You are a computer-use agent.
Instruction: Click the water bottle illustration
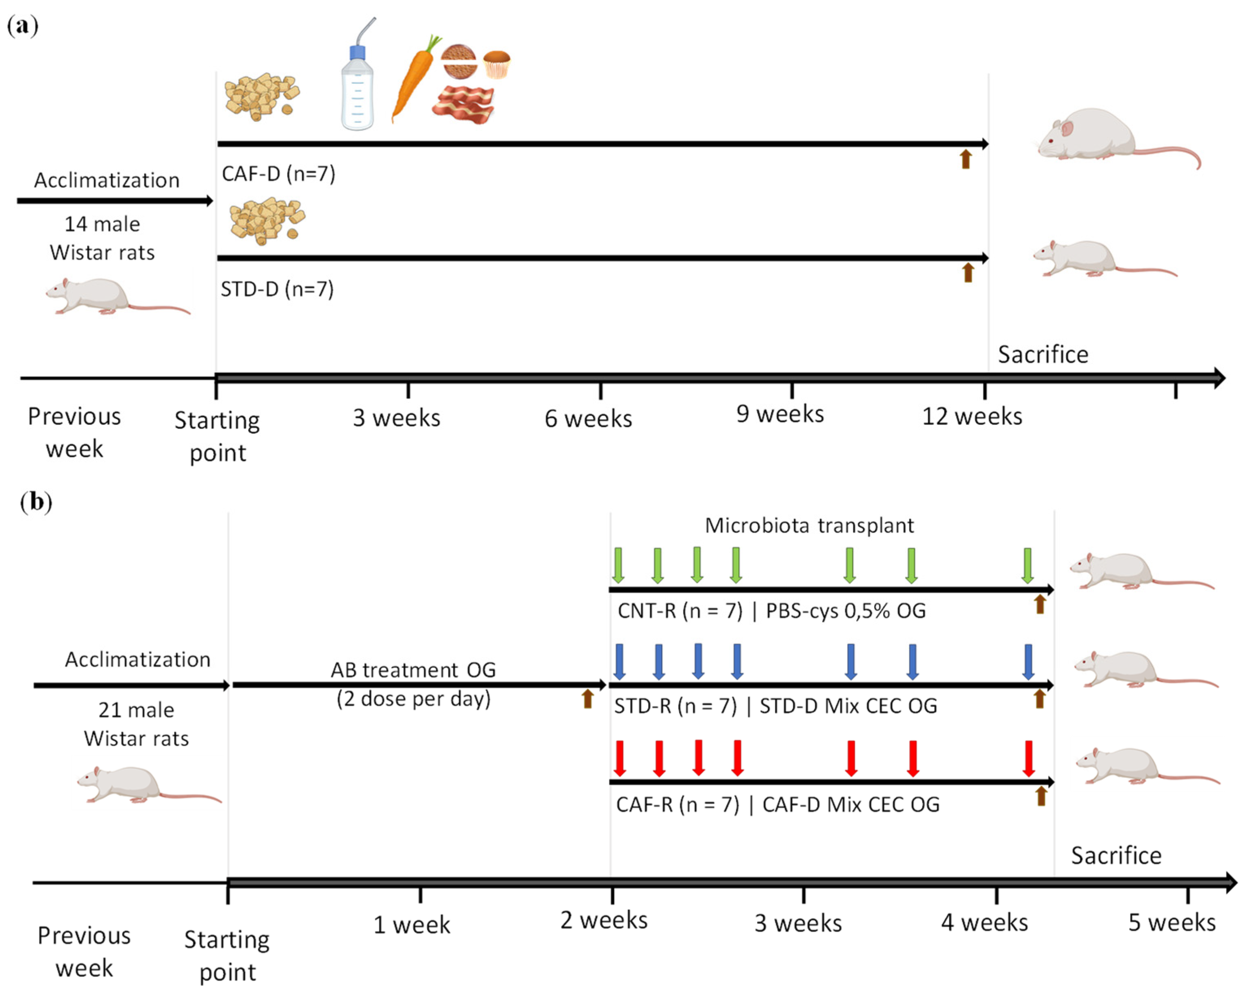(357, 81)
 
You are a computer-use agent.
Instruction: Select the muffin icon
(497, 64)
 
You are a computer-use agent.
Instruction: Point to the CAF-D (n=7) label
(278, 174)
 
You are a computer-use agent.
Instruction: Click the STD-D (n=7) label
(277, 289)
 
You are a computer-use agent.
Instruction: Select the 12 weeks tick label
(972, 416)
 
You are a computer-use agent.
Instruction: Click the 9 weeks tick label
(780, 414)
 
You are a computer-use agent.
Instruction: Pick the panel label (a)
(22, 26)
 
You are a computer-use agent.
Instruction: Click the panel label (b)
(36, 502)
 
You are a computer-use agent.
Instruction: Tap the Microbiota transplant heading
(809, 526)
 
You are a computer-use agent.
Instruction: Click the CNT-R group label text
(680, 611)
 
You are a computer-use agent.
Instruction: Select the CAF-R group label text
(677, 805)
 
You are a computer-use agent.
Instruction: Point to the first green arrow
(618, 565)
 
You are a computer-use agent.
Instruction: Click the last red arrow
(1028, 758)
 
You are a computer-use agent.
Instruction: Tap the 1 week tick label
(411, 925)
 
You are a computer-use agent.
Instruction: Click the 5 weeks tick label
(1172, 922)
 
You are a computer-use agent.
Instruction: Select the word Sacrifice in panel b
(1116, 855)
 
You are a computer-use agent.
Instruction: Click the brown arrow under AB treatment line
(588, 699)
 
